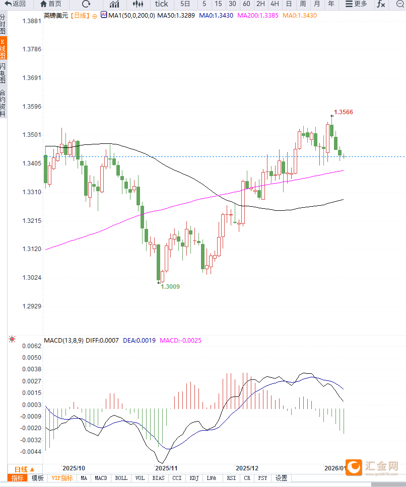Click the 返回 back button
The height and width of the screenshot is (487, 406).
(15, 4)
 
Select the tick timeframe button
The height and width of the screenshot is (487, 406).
(161, 4)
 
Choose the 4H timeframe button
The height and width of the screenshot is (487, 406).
(275, 4)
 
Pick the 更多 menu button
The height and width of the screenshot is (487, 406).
(356, 4)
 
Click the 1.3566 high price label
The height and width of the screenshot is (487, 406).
(343, 112)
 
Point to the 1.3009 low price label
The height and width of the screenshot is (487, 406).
(170, 286)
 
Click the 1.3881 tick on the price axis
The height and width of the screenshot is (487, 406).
(32, 22)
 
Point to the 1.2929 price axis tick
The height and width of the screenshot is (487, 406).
(32, 306)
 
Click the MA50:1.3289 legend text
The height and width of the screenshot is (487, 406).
(176, 16)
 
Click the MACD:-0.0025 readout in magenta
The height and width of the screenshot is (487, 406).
(180, 341)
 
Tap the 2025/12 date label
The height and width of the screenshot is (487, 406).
(247, 468)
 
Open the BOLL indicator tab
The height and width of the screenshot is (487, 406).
(121, 478)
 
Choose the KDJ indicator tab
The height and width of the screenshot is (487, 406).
(194, 478)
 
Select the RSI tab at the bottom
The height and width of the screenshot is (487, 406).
(231, 478)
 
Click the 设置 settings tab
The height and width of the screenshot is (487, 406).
(281, 478)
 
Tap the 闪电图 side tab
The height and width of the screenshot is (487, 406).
(3, 73)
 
